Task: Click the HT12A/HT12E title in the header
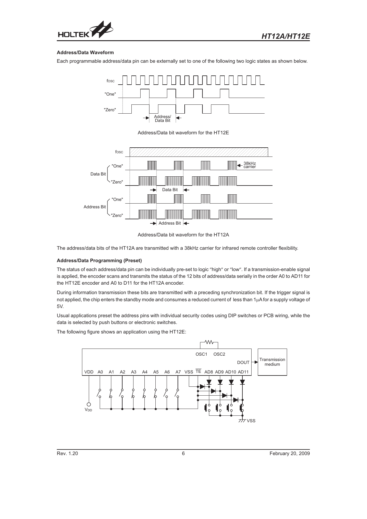click(x=286, y=36)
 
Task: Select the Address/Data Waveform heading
click(x=85, y=52)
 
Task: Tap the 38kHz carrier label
click(x=250, y=165)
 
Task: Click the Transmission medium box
click(x=272, y=362)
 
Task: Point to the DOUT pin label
click(x=243, y=362)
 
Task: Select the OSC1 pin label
click(x=201, y=354)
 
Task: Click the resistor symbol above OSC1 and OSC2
click(x=209, y=342)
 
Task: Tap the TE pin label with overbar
click(x=198, y=371)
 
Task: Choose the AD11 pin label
click(x=243, y=372)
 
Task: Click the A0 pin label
click(x=100, y=372)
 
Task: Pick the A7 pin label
click(x=178, y=372)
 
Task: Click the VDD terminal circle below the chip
click(x=89, y=404)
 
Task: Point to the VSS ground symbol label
click(x=251, y=420)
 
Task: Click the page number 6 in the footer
click(x=183, y=454)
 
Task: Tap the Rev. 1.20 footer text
click(x=67, y=454)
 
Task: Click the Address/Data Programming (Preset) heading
click(x=99, y=260)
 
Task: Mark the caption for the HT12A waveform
click(x=183, y=235)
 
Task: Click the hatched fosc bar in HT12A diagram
click(x=199, y=152)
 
